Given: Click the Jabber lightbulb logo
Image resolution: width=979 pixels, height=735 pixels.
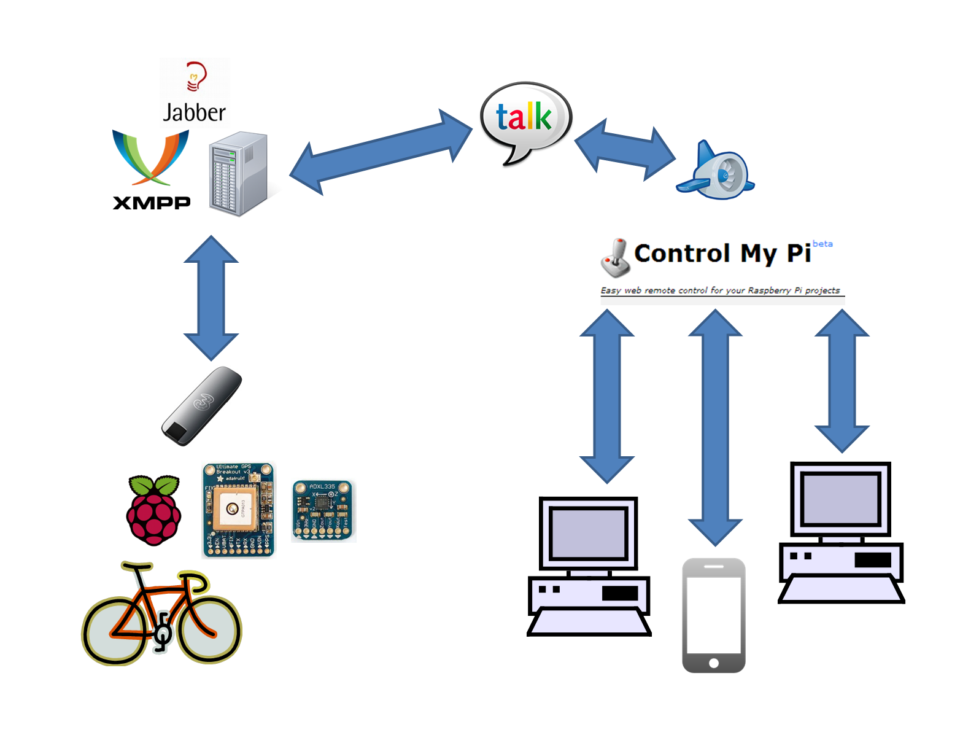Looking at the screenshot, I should pos(196,76).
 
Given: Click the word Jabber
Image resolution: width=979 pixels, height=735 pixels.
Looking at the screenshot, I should pos(194,113).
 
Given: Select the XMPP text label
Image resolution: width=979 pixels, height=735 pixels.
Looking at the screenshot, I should pos(152,203).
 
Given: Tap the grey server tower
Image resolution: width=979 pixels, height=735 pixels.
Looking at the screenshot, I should pos(238,174).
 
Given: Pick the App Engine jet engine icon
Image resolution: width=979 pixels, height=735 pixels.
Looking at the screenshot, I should pos(718,173).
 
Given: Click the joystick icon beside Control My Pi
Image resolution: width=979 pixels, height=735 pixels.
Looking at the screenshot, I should pos(615,258).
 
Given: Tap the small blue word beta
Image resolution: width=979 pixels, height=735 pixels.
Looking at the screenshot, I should pos(822,244).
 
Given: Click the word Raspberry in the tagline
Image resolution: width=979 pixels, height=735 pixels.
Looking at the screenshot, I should pos(769,290).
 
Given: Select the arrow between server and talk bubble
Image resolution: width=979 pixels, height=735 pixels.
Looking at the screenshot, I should pos(381,152).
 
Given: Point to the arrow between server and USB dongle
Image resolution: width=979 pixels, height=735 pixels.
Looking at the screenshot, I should pos(211,298).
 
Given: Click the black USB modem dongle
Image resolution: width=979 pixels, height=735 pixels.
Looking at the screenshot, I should pos(201,406).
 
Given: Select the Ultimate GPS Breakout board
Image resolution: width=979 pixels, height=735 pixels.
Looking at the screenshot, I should pos(238,510).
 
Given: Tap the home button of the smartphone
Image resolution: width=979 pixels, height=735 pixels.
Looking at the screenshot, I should pos(713,663).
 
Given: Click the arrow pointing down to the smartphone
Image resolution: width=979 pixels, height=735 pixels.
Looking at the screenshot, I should pos(715,427).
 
